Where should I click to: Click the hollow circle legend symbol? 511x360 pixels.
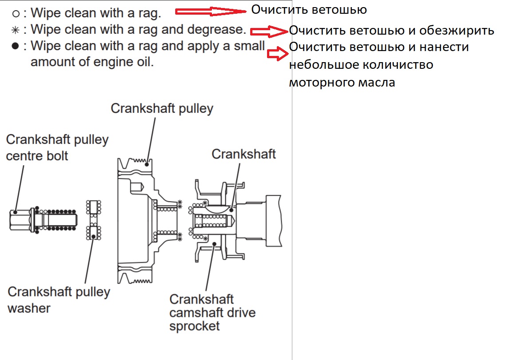tap(16, 14)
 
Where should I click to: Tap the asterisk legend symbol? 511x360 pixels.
tap(16, 30)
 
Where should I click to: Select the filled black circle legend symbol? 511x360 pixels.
tap(16, 46)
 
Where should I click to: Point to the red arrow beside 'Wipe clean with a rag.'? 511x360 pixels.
tap(211, 12)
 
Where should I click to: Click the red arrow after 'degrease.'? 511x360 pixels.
tap(270, 32)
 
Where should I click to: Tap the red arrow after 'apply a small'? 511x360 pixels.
tap(278, 53)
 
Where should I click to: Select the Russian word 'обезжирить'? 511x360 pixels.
tap(456, 31)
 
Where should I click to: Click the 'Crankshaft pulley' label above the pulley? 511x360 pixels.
tap(162, 109)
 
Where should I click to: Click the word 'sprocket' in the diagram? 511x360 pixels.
tap(194, 326)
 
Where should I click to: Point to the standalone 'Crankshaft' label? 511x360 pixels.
tap(244, 154)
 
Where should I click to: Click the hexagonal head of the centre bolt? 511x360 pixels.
tap(20, 220)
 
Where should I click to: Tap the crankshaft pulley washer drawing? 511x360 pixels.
tap(94, 220)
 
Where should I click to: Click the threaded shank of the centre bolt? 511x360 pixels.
tap(56, 220)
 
